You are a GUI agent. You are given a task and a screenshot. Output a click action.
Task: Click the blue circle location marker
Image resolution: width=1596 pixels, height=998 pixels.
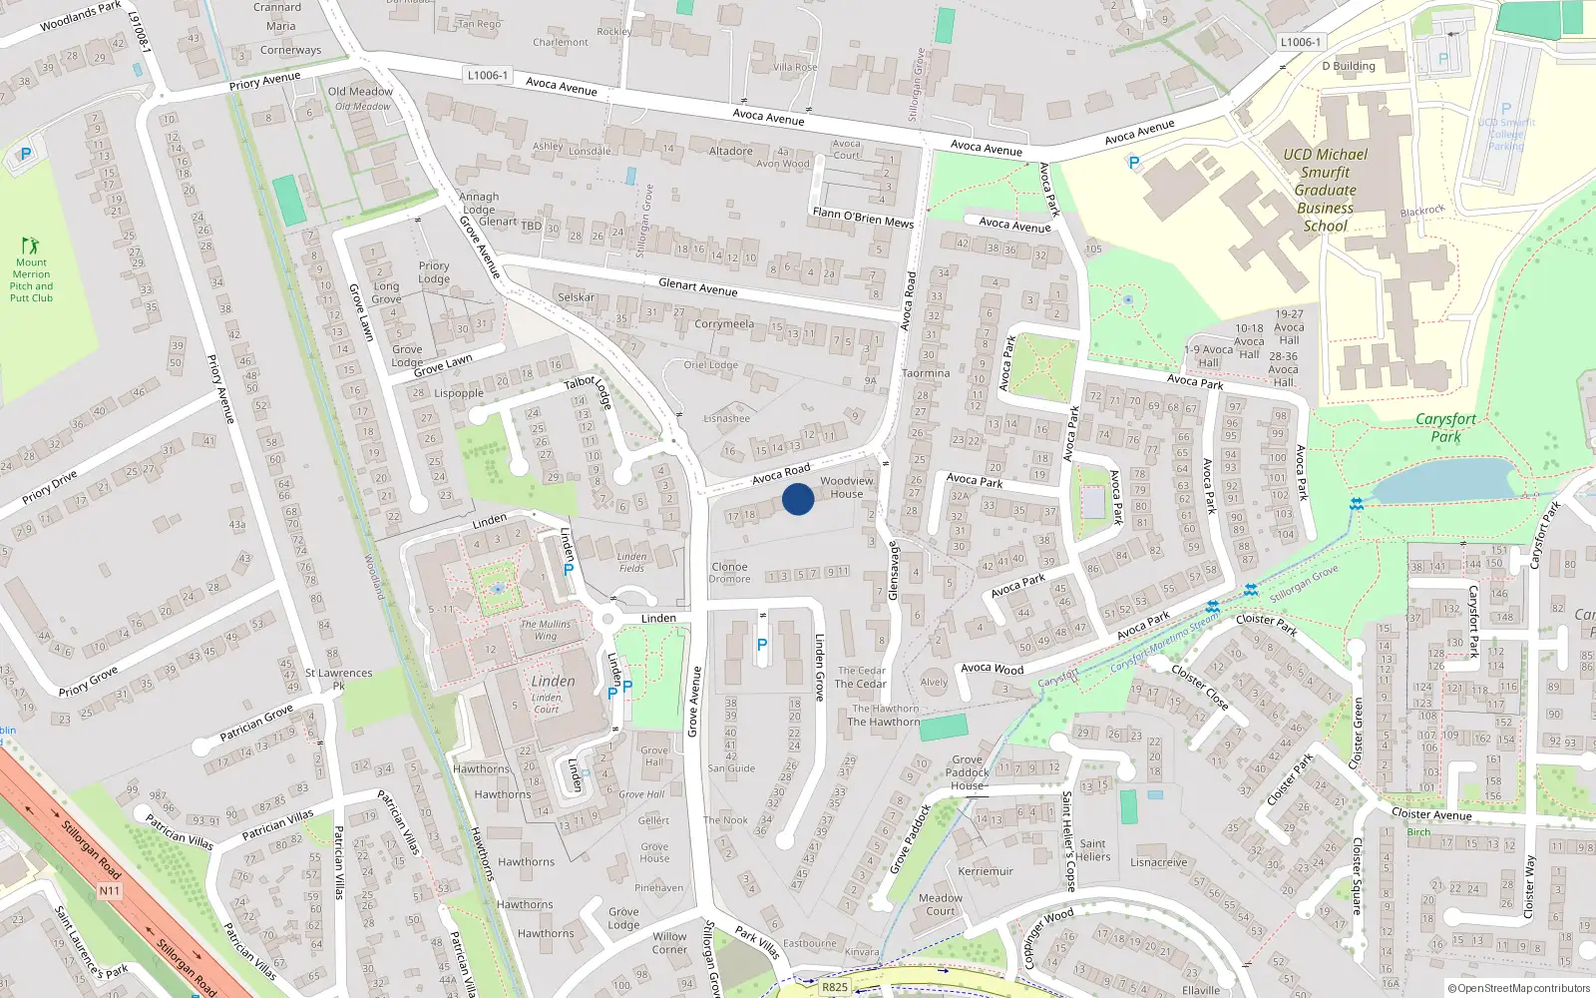pyautogui.click(x=798, y=499)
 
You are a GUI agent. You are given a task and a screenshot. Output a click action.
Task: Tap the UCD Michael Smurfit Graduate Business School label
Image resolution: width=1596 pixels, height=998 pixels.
pyautogui.click(x=1325, y=190)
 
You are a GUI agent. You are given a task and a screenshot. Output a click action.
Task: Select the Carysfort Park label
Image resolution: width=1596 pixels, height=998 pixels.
pyautogui.click(x=1445, y=427)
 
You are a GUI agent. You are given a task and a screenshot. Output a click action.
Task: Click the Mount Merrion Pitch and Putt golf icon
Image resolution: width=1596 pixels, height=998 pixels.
pyautogui.click(x=30, y=245)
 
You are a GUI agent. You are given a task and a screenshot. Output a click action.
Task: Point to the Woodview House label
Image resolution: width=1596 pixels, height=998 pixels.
pyautogui.click(x=846, y=487)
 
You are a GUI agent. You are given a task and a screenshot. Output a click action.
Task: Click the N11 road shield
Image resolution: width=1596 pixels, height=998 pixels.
pyautogui.click(x=110, y=890)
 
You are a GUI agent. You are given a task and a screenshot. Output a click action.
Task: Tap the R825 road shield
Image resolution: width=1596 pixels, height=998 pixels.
pyautogui.click(x=834, y=987)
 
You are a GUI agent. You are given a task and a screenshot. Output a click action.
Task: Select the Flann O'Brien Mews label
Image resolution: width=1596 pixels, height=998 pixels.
pyautogui.click(x=863, y=218)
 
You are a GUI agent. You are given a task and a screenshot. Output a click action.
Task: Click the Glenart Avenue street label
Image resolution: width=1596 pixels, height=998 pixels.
pyautogui.click(x=697, y=287)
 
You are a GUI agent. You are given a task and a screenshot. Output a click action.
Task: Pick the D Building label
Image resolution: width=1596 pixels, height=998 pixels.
pyautogui.click(x=1348, y=67)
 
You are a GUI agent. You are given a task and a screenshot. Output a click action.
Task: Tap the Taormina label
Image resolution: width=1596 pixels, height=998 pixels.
pyautogui.click(x=926, y=373)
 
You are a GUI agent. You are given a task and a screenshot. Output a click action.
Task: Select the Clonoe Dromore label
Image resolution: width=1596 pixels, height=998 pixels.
pyautogui.click(x=729, y=573)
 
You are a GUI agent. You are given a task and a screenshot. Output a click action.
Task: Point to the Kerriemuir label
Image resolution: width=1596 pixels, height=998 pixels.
pyautogui.click(x=986, y=871)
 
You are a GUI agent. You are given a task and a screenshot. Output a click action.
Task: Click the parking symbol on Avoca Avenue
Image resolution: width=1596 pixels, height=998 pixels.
pyautogui.click(x=1133, y=163)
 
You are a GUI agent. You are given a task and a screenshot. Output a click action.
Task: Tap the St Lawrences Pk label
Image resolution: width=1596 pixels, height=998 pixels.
pyautogui.click(x=338, y=679)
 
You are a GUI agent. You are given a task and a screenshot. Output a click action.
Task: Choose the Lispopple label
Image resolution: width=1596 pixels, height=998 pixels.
pyautogui.click(x=459, y=393)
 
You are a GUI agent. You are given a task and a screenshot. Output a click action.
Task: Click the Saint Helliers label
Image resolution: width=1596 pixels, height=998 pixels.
pyautogui.click(x=1092, y=850)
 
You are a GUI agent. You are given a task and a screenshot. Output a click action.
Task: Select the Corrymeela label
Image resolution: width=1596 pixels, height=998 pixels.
pyautogui.click(x=724, y=323)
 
